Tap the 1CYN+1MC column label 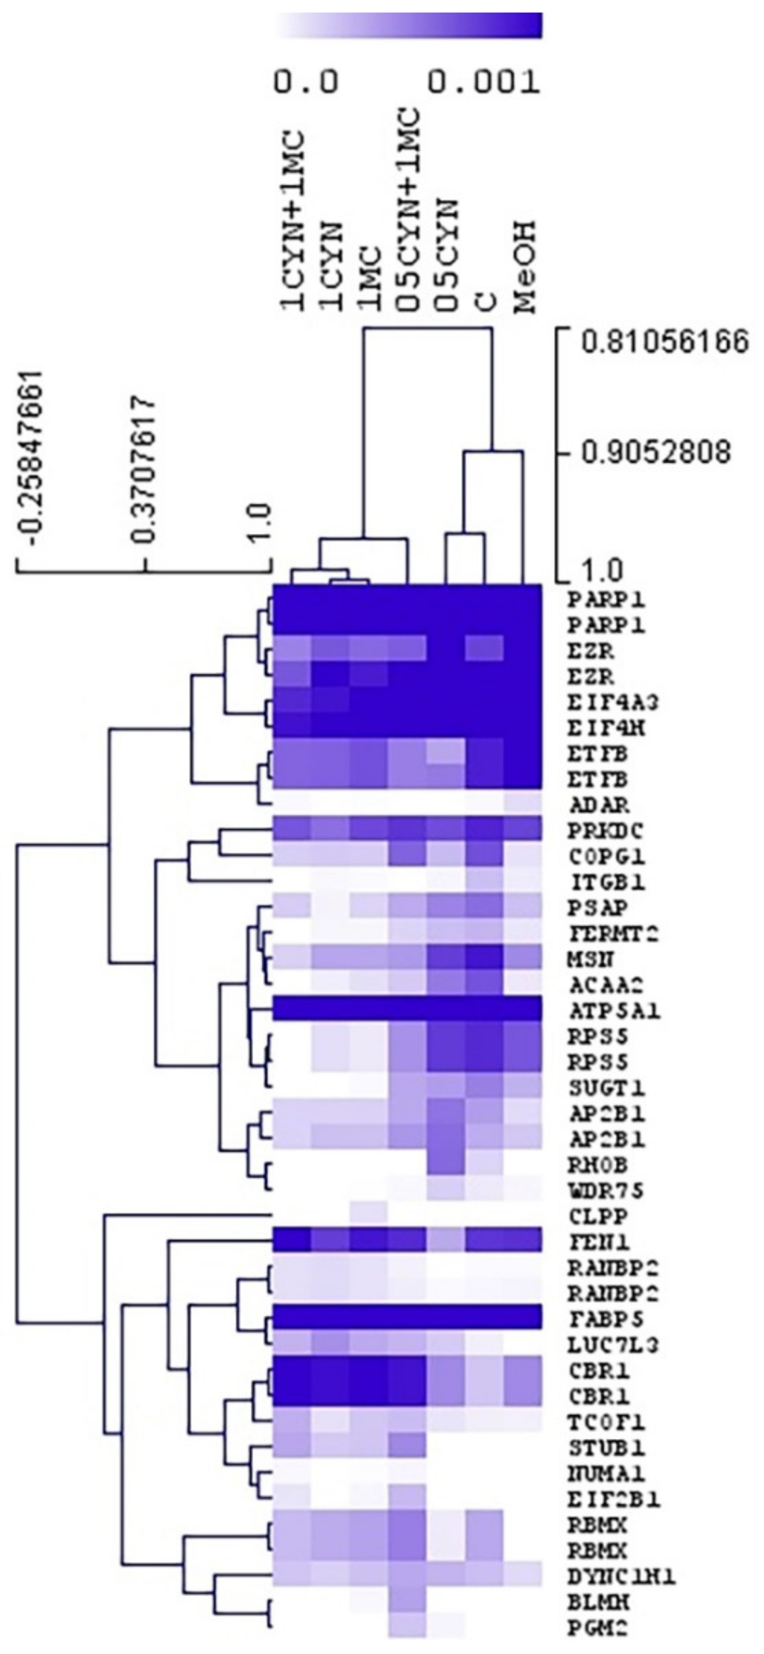(293, 222)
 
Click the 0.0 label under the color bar (306, 82)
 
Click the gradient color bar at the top (409, 26)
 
